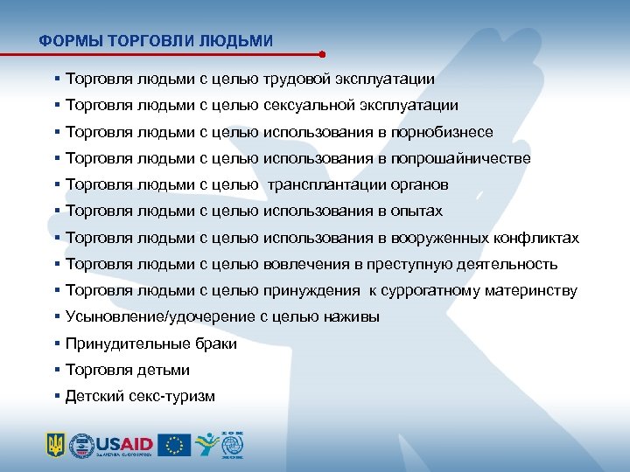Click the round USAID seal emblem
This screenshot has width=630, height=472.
pos(81,444)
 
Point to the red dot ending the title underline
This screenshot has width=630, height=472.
pos(323,53)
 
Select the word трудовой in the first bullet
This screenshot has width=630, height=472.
pos(294,79)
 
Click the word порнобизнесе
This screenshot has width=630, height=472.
pos(443,132)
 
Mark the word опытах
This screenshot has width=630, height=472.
pos(419,211)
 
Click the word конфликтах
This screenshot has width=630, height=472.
pos(535,238)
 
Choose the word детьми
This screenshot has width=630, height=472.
pos(161,370)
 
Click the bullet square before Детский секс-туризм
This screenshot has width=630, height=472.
pos(57,396)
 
